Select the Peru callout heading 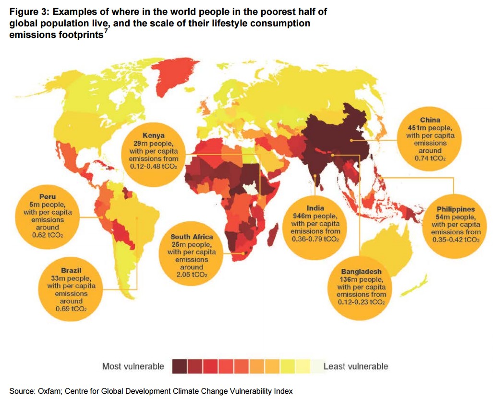[x=48, y=197]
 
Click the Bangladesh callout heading [x=361, y=272]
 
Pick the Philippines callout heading [x=456, y=209]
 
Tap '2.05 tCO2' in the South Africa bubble [x=192, y=275]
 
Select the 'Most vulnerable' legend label [x=133, y=366]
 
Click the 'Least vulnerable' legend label [x=356, y=366]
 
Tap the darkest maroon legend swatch [x=180, y=367]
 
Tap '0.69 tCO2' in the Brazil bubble [x=71, y=309]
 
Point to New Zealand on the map [x=414, y=287]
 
